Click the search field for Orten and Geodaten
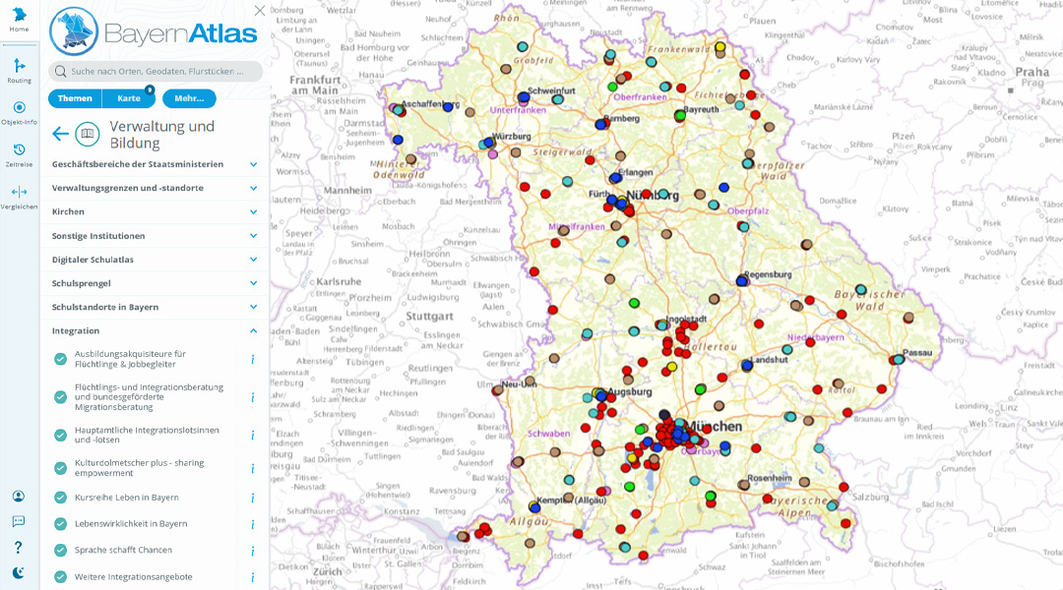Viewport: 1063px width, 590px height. click(x=157, y=72)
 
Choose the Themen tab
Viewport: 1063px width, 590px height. click(x=75, y=98)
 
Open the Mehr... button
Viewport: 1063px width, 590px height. click(x=189, y=98)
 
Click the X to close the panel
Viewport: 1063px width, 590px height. click(x=259, y=11)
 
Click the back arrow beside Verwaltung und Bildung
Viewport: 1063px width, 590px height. click(x=60, y=134)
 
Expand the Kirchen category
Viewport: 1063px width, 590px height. click(x=253, y=211)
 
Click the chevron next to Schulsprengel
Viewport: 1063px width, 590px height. click(x=253, y=283)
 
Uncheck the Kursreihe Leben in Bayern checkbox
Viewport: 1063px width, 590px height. click(x=61, y=498)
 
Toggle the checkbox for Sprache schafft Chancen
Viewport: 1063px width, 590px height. click(x=61, y=551)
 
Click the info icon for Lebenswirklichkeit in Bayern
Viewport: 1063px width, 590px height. click(x=252, y=524)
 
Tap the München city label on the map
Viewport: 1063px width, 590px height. click(x=715, y=426)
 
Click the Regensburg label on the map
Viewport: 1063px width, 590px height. click(x=769, y=274)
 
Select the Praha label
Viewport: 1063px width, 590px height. click(x=1032, y=72)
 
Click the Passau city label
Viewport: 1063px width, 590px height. click(x=917, y=351)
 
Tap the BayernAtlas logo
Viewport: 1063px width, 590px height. click(x=154, y=33)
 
